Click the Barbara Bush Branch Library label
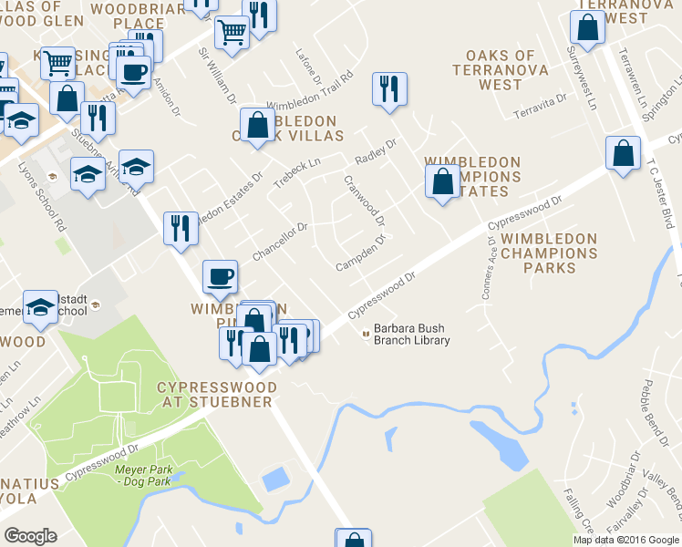[407, 335]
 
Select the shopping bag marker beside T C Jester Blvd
[625, 154]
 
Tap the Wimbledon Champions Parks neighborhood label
[549, 253]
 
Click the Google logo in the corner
[31, 536]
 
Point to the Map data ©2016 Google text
[626, 540]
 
